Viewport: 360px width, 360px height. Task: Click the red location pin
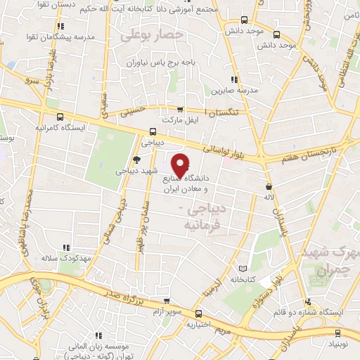[x=181, y=165]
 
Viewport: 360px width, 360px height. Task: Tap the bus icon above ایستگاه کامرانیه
[x=60, y=117]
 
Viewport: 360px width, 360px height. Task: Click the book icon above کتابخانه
[x=243, y=269]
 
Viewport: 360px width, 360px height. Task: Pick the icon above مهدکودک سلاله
[x=66, y=247]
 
